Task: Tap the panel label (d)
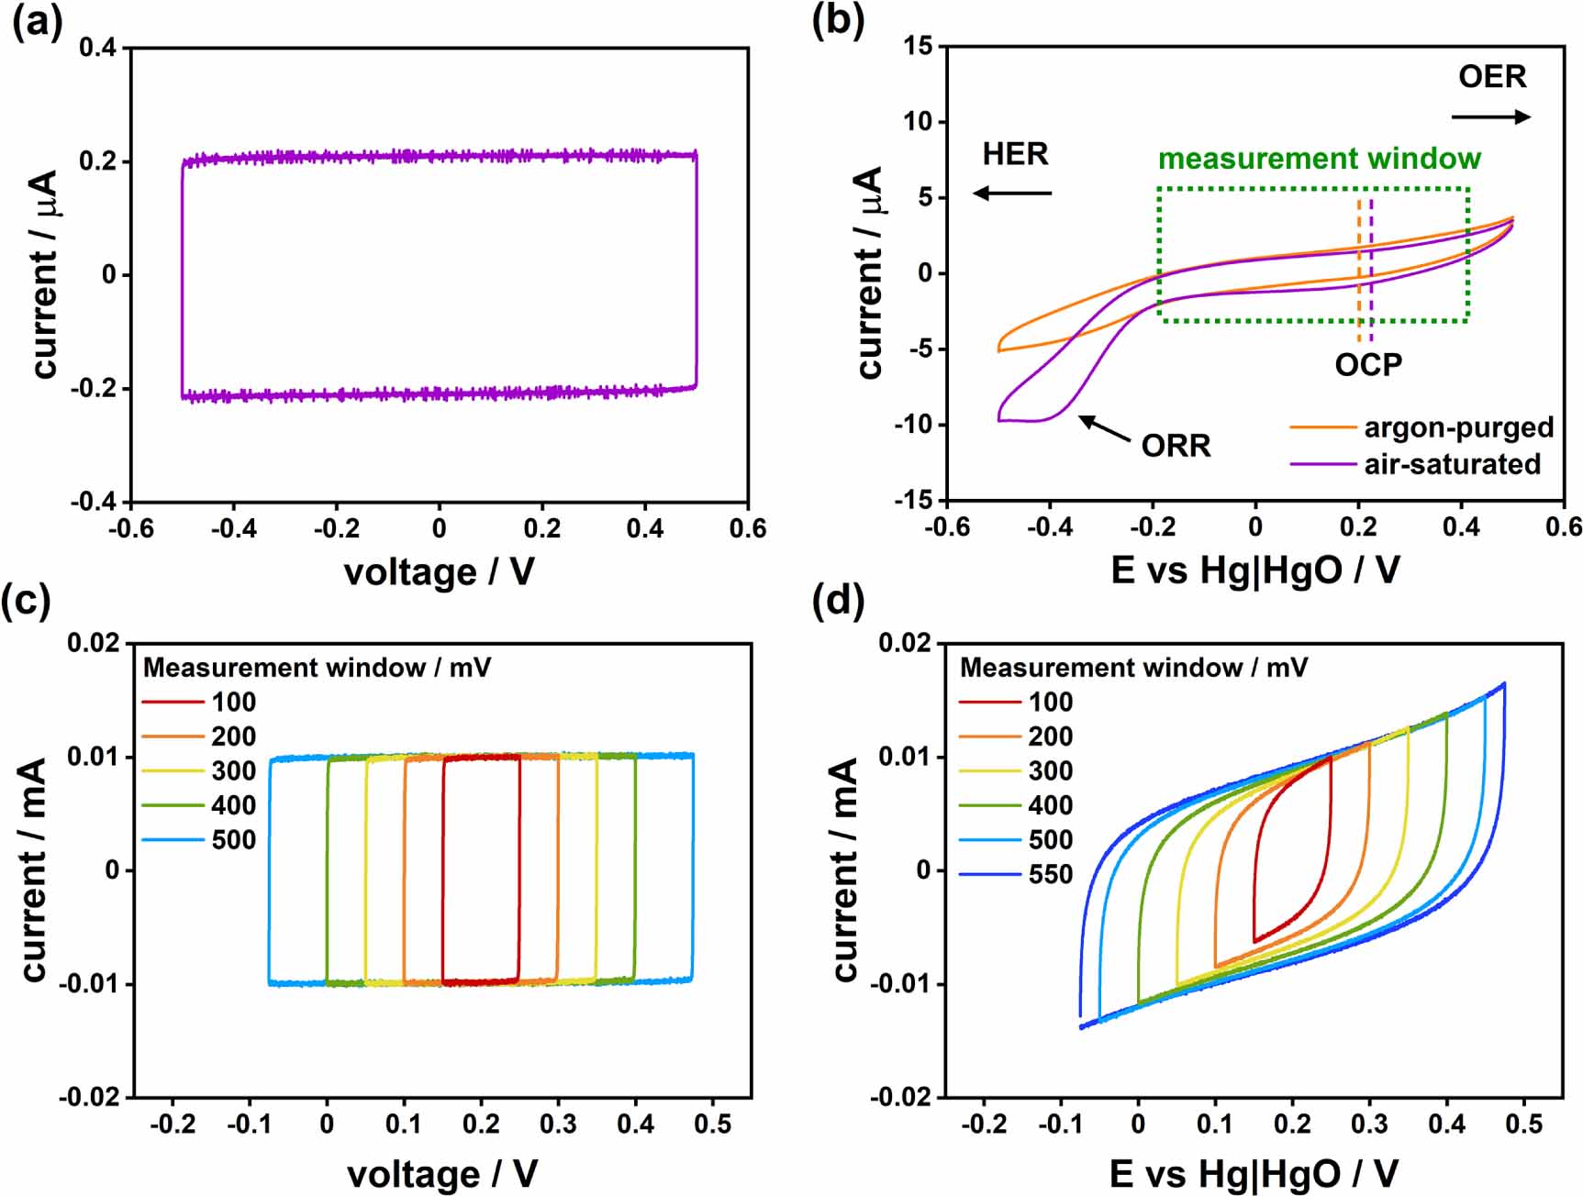(838, 602)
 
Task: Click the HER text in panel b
(1015, 153)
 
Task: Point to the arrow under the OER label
(1490, 116)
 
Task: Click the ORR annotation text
(1176, 446)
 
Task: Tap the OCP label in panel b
(1367, 365)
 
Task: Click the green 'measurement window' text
(1319, 159)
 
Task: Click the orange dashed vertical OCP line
(1359, 266)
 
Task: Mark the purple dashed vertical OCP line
(1371, 266)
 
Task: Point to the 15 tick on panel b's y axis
(918, 46)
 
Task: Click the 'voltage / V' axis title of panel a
(439, 572)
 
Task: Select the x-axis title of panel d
(1254, 1174)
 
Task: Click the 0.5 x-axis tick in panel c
(712, 1124)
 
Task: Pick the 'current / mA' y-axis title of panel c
(34, 869)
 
